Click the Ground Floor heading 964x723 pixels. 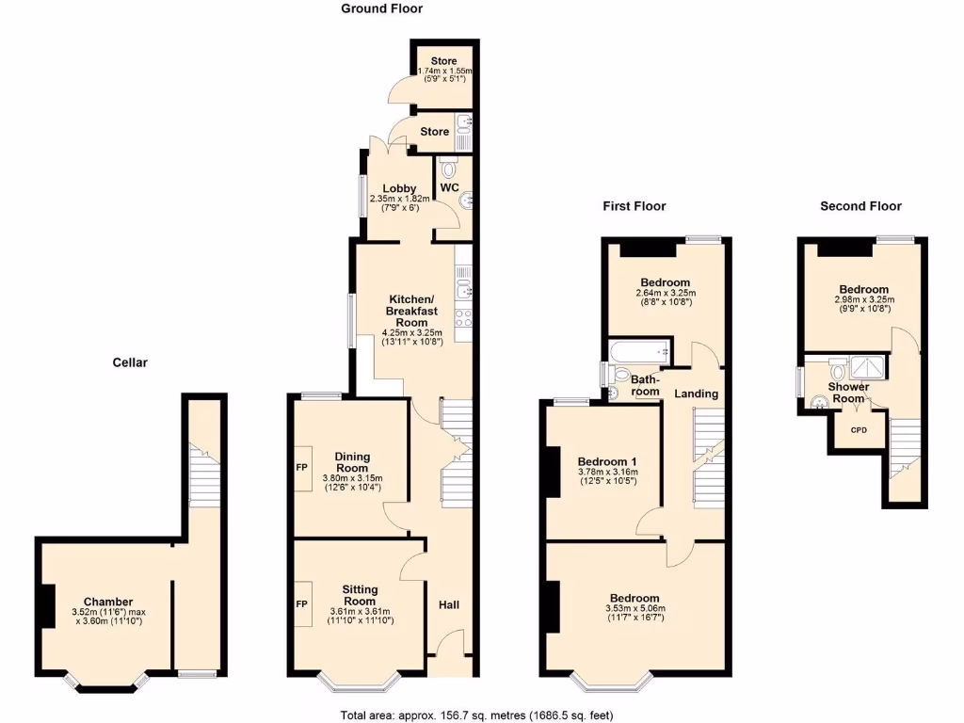tap(381, 8)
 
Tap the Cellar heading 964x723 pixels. tap(130, 361)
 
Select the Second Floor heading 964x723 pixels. tap(860, 206)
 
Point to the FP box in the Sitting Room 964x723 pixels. tap(304, 603)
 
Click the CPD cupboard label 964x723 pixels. tap(859, 430)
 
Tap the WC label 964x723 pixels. tap(449, 188)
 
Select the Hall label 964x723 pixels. tap(449, 604)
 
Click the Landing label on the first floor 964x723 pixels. tap(696, 394)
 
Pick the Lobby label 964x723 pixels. tap(399, 188)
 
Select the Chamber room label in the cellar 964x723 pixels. tap(108, 602)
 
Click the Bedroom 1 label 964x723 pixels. tap(607, 460)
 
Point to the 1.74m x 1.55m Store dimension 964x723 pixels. tap(443, 71)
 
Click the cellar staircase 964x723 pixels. tap(202, 476)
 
